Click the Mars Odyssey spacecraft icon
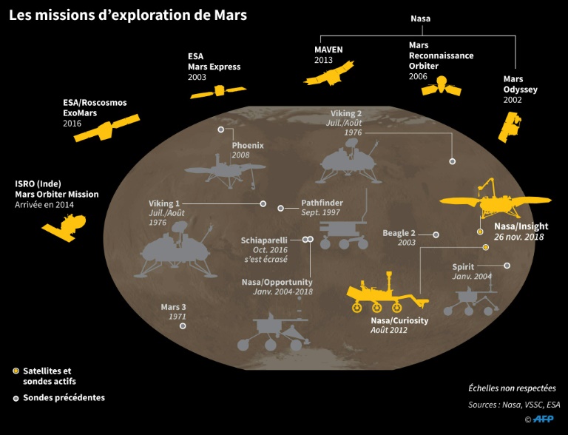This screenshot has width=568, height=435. pos(510,127)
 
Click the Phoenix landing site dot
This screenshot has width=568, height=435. pos(220,129)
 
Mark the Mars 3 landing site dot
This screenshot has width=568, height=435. pos(183,325)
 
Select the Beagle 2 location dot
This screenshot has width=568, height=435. pos(436,235)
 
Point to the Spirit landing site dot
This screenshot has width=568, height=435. pos(507,266)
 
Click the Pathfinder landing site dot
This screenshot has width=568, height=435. pos(280,208)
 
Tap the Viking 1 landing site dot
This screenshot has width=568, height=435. pos(263,203)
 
